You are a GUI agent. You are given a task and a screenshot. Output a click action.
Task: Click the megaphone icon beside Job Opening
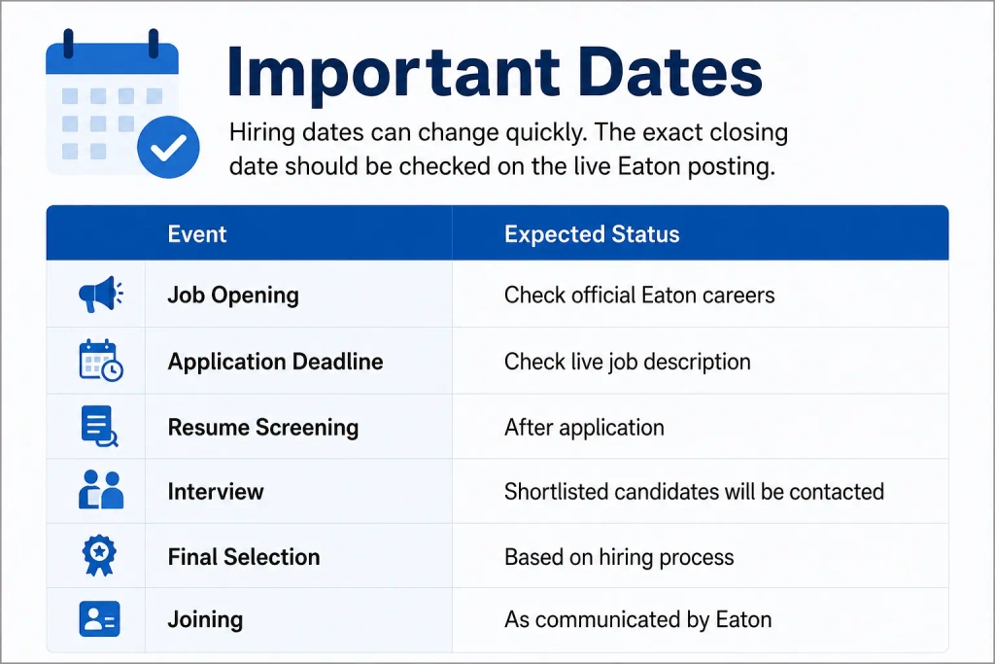(100, 295)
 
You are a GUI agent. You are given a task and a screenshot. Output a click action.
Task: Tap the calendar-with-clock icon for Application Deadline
(101, 361)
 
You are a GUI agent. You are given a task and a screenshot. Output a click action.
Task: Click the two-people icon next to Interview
(101, 490)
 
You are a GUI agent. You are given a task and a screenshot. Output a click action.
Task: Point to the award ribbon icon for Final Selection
(100, 555)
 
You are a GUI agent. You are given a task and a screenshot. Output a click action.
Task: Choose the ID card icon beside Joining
(100, 619)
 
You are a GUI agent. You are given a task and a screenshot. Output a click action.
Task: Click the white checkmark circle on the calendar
(168, 147)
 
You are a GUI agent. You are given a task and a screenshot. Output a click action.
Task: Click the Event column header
(196, 234)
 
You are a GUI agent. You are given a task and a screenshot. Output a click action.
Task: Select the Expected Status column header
(592, 234)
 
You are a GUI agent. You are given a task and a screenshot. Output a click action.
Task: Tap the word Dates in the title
(669, 72)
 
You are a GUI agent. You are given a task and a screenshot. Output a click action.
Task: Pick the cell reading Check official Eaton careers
(639, 296)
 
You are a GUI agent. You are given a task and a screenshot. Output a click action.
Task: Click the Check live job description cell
(628, 362)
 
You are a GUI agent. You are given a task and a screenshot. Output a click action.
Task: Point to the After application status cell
(584, 428)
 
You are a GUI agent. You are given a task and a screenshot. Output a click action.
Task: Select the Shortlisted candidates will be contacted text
(694, 491)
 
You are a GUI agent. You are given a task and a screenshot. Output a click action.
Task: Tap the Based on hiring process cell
(619, 557)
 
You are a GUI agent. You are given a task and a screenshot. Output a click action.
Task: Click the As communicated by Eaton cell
(638, 619)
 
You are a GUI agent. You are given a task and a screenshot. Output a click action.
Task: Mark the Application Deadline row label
(275, 362)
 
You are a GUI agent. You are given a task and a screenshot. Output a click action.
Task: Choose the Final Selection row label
(244, 557)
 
